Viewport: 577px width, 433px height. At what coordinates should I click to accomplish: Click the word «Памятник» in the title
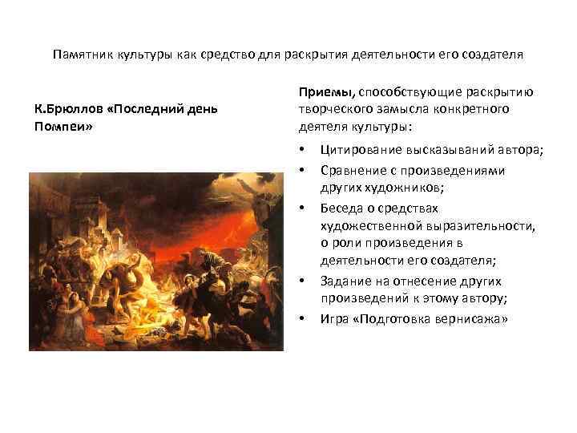(80, 56)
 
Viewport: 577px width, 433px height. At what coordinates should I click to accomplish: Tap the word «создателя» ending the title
(493, 56)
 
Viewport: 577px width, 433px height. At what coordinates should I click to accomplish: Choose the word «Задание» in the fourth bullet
(344, 281)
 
